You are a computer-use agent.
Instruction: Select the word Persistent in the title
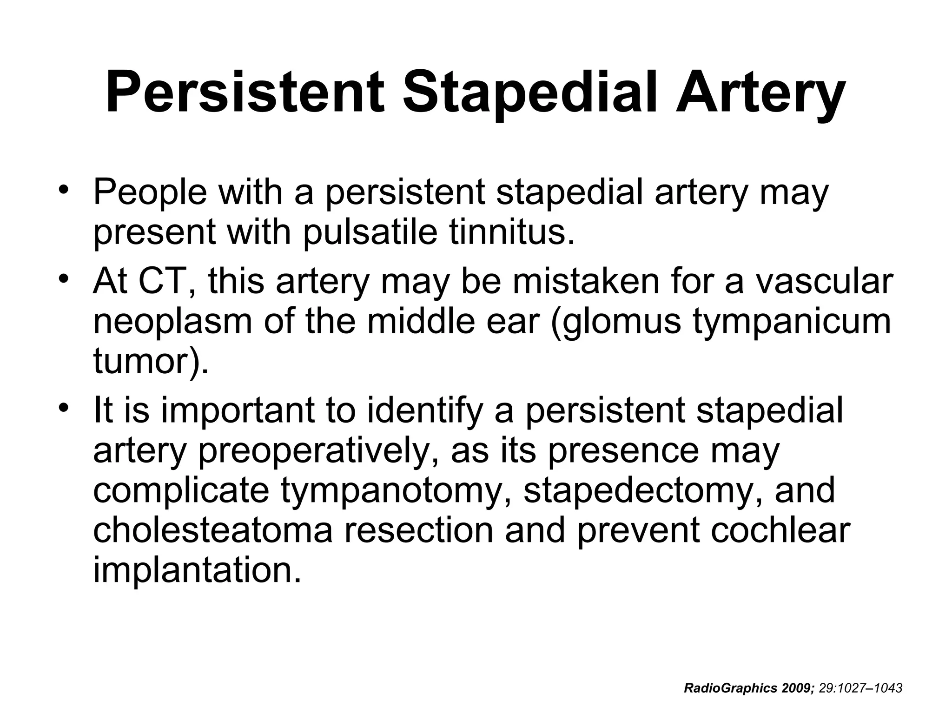click(x=245, y=92)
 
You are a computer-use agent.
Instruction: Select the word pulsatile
click(x=370, y=232)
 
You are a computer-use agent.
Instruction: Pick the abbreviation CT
click(x=161, y=281)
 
